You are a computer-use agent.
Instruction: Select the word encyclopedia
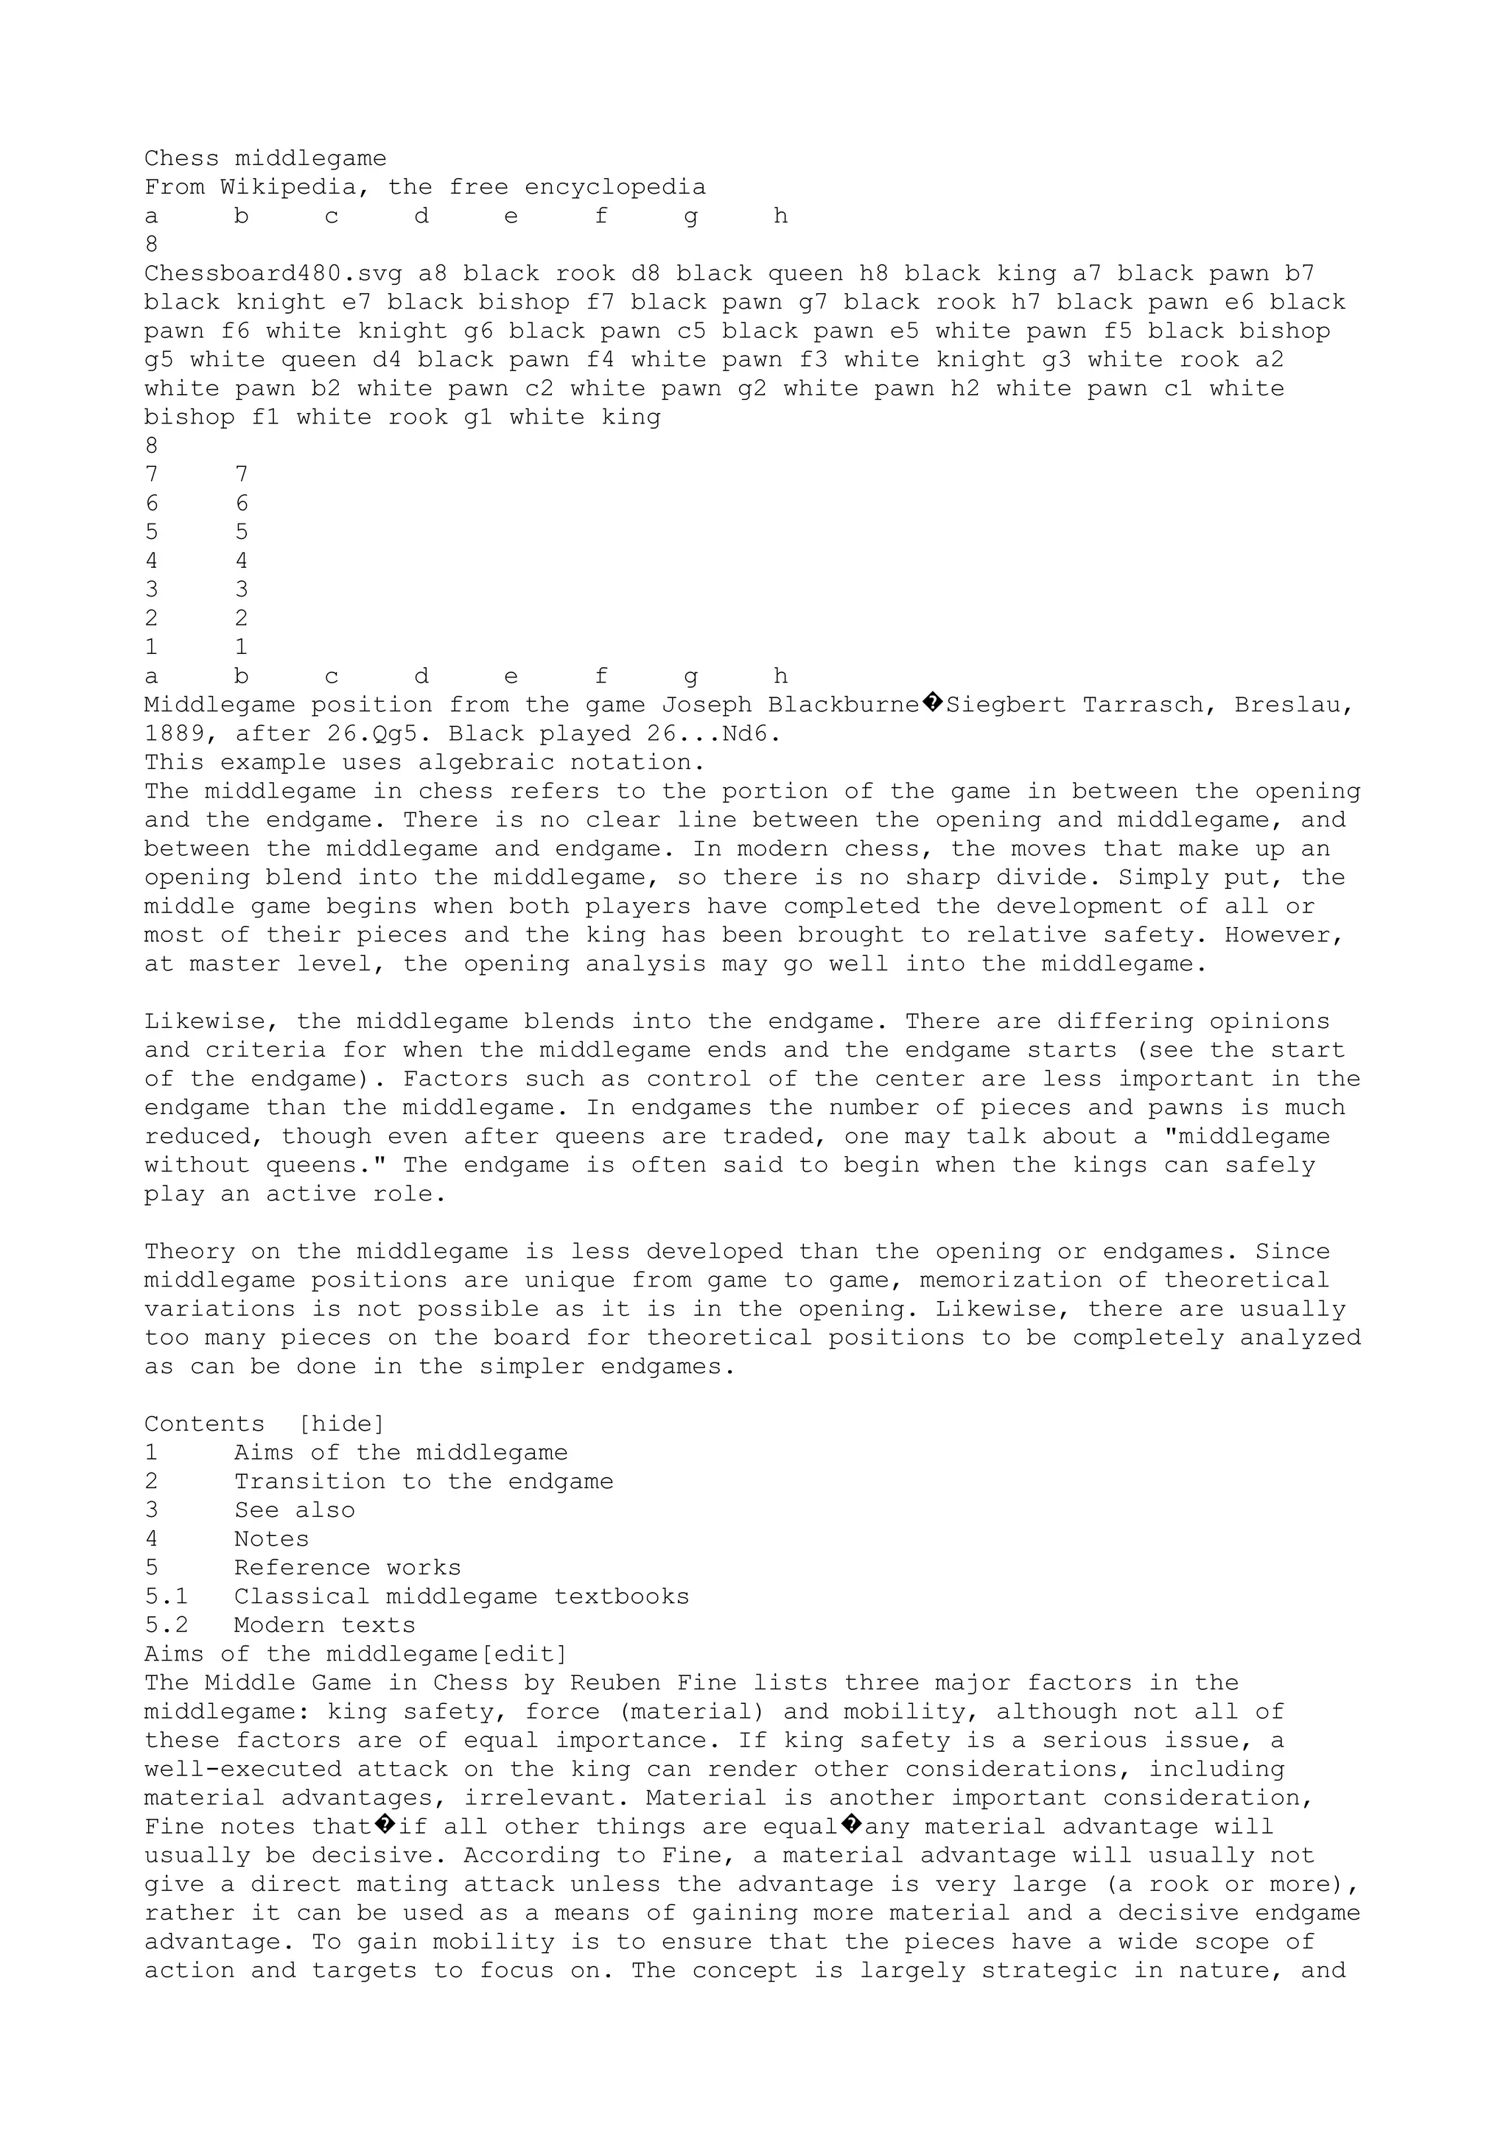coord(615,188)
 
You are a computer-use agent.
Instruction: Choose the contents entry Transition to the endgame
coord(423,1482)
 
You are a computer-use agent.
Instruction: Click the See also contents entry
coord(295,1510)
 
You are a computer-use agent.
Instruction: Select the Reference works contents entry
coord(347,1568)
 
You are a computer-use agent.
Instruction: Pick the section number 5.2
coord(167,1624)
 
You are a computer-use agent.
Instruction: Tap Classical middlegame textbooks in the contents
coord(461,1596)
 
